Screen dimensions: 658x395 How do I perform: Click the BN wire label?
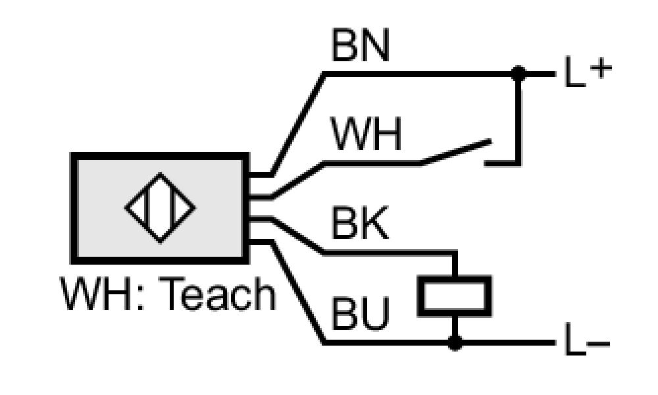[x=361, y=45]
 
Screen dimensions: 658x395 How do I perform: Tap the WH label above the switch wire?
[x=366, y=134]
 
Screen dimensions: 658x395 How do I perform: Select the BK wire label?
[x=360, y=223]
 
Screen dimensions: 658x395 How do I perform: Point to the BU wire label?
[x=361, y=313]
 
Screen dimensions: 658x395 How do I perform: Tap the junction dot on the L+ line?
[x=519, y=74]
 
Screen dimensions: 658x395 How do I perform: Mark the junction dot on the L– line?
[x=455, y=342]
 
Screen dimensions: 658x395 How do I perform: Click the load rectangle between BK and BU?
[x=455, y=296]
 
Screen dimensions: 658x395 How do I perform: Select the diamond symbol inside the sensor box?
[x=160, y=207]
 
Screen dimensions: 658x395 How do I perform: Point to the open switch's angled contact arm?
[x=456, y=151]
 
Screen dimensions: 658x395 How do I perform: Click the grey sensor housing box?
[x=160, y=208]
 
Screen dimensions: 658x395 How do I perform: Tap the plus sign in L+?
[x=601, y=68]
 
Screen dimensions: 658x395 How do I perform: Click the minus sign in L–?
[x=598, y=344]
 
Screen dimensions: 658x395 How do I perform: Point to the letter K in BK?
[x=374, y=223]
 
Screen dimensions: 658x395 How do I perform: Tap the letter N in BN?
[x=376, y=45]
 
